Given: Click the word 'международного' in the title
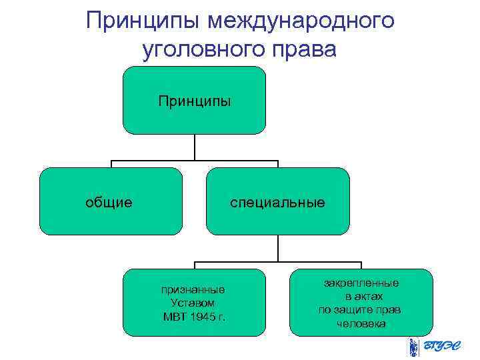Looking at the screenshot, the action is point(301,21).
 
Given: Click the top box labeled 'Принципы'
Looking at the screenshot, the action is point(194,101).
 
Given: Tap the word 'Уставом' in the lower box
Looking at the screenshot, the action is point(193,302).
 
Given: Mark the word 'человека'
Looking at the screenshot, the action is point(361,323).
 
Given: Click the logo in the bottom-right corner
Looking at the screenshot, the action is point(440,347).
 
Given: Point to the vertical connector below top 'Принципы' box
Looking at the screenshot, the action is point(194,148).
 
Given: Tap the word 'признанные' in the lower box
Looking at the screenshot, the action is point(193,289).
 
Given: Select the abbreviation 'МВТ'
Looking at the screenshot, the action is point(175,315).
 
